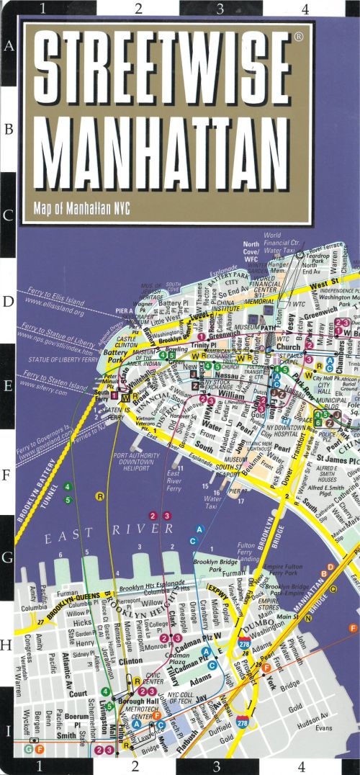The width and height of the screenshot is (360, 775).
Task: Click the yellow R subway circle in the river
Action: point(100,496)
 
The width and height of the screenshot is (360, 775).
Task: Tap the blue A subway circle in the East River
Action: point(204,529)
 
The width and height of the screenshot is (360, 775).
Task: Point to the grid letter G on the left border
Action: point(10,558)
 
